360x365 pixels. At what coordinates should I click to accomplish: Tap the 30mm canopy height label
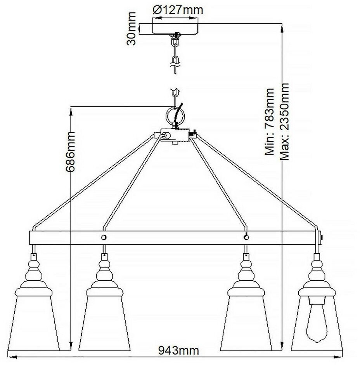click(133, 29)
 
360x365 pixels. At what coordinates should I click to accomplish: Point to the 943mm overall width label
click(179, 351)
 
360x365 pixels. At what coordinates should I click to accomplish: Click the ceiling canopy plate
click(177, 28)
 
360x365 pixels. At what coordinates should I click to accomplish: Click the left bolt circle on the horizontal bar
click(104, 237)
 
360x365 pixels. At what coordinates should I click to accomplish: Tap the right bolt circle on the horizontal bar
click(245, 237)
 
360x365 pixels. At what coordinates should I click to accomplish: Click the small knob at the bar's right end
click(323, 237)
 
